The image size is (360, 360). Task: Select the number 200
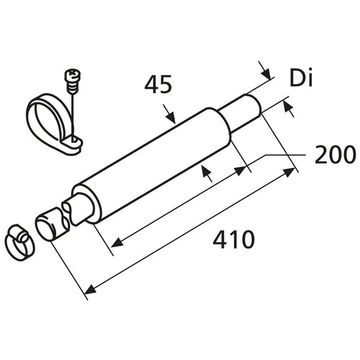[x=334, y=155]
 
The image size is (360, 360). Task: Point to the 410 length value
[x=233, y=240]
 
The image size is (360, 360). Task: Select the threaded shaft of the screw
[x=73, y=86]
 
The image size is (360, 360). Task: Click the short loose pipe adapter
[x=50, y=223]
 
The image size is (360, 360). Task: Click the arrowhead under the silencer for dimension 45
[x=207, y=173]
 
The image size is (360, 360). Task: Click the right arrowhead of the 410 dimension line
[x=291, y=172]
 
